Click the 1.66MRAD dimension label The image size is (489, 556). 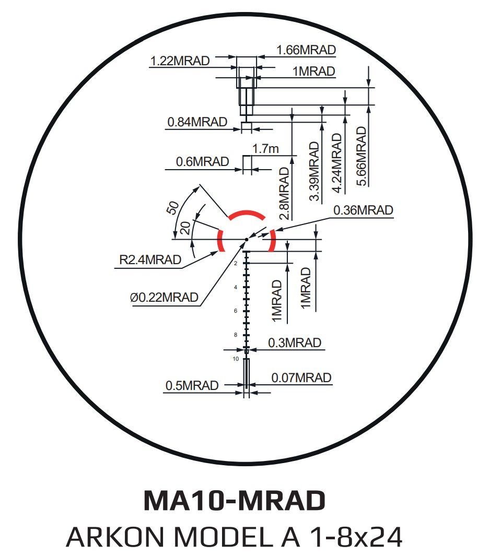306,50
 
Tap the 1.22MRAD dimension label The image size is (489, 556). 180,61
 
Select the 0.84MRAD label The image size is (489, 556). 197,122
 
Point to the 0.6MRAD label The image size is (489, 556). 202,162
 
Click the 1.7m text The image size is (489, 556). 265,149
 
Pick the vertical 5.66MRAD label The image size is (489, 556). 361,156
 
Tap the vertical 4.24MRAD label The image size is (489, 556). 337,163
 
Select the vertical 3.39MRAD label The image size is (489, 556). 314,171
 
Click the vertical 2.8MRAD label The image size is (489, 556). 285,194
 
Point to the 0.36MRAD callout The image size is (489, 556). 363,210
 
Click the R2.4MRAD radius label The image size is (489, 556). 150,260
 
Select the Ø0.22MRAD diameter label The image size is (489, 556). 164,297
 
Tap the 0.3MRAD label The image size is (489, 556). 295,343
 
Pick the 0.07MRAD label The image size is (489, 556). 301,377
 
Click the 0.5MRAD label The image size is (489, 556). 192,385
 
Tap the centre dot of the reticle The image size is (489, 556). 246,240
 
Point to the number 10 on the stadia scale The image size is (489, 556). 236,359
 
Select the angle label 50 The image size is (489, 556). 173,208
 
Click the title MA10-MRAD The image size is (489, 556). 235,500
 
